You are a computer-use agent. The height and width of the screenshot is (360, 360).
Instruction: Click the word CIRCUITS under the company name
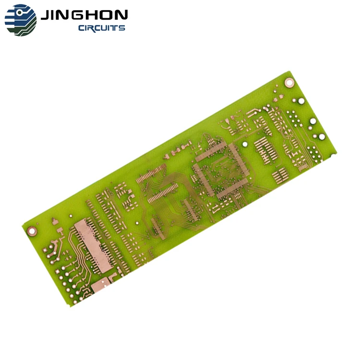[102, 28]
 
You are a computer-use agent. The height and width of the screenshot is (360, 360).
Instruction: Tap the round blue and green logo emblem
[21, 20]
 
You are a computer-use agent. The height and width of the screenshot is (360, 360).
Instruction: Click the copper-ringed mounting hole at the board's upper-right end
[288, 82]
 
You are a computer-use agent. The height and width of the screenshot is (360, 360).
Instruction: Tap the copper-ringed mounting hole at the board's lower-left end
[32, 231]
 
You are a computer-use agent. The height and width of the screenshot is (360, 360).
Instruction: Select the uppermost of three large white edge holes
[300, 102]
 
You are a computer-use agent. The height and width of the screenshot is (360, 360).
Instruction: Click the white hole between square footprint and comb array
[245, 144]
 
